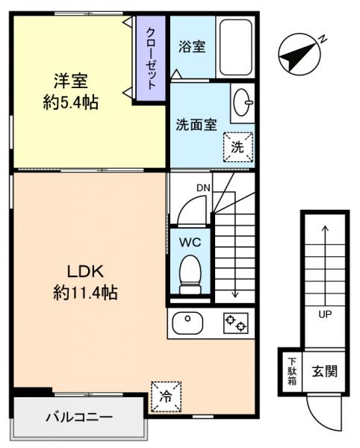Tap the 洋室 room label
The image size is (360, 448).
coord(71,79)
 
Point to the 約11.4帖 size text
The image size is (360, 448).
coord(84,293)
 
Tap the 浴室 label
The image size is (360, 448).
coord(193,46)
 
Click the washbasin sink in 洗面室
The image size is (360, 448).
coord(242,103)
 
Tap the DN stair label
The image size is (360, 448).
coord(202,188)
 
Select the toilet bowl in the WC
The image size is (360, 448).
coord(191,274)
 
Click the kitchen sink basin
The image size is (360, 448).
coord(187,323)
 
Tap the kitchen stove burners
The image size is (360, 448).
coord(235,324)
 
